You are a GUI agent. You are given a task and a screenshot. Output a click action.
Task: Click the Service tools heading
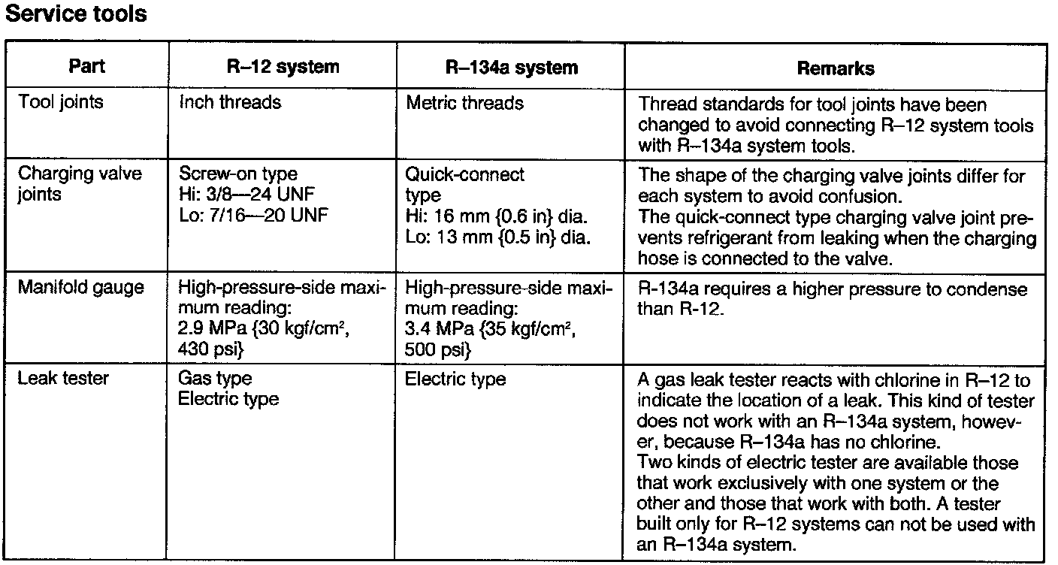(x=76, y=14)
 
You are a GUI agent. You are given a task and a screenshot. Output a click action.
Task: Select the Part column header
(x=86, y=67)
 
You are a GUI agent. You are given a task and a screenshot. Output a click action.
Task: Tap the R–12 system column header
(x=283, y=67)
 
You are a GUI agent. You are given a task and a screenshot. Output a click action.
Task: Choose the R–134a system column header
(x=512, y=68)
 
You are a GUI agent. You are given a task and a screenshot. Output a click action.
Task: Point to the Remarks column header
(x=836, y=68)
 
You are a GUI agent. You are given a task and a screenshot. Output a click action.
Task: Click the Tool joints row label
(x=60, y=102)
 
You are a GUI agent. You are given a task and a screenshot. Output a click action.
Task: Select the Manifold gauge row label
(x=80, y=289)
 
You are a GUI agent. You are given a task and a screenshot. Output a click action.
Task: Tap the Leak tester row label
(x=63, y=379)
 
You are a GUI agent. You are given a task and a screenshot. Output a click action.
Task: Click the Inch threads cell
(x=230, y=102)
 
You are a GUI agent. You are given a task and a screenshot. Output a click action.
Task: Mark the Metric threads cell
(x=464, y=102)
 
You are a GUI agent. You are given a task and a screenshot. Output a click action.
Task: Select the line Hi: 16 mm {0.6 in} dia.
(x=497, y=217)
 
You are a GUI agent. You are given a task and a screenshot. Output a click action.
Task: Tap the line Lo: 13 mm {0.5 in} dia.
(x=497, y=237)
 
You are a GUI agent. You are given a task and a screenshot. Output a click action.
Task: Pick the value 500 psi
(x=439, y=349)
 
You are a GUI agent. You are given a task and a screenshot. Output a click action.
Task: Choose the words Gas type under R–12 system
(x=215, y=379)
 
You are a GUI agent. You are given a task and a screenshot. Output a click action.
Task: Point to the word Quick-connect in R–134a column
(x=465, y=175)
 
